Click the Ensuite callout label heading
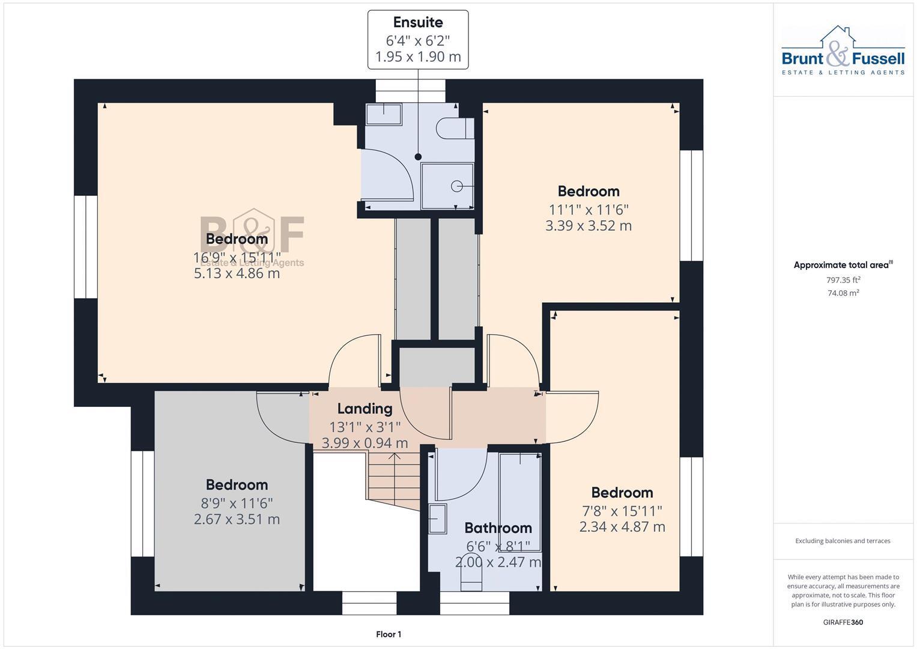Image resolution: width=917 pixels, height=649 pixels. [417, 22]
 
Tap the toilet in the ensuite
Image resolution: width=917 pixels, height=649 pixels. [455, 128]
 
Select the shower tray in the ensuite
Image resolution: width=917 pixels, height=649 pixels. [447, 186]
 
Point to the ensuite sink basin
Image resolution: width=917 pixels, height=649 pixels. [383, 114]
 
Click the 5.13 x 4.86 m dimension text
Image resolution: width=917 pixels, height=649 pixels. [237, 273]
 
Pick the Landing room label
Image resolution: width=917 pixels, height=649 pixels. [365, 409]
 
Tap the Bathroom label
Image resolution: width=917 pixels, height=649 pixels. [498, 528]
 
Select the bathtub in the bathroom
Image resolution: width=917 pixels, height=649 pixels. [520, 502]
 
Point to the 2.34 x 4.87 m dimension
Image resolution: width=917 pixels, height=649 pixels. [622, 527]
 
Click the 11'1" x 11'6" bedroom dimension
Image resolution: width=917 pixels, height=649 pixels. [588, 210]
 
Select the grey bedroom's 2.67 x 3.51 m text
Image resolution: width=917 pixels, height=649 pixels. [237, 519]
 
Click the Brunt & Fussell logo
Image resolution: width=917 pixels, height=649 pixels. [843, 51]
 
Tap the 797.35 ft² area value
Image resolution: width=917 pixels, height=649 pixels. [843, 280]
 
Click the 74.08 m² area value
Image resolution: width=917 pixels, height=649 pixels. [843, 293]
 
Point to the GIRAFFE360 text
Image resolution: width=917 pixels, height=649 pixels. [843, 622]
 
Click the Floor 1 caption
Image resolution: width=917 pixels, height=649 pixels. [389, 634]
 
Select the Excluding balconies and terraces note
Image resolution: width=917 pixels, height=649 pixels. [843, 541]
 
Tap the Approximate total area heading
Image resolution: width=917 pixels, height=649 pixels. [843, 265]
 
